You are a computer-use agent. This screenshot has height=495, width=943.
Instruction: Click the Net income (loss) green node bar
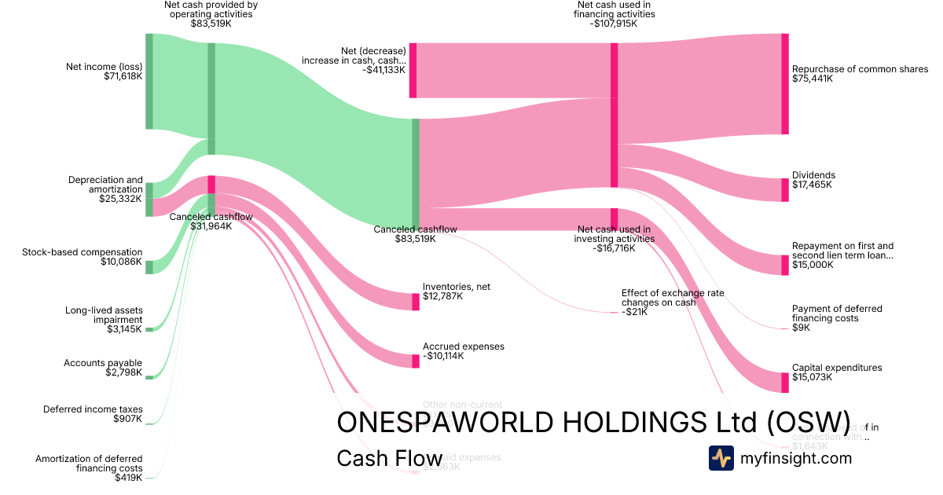coord(149,81)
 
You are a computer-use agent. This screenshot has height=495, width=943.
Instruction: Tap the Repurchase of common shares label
coord(860,69)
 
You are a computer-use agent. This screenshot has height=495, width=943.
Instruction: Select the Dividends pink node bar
coord(784,189)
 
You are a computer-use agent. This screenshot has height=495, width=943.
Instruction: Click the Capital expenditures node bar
coord(784,383)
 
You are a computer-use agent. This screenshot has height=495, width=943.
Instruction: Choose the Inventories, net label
coord(456,287)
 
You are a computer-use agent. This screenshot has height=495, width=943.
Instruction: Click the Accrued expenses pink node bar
coord(416,361)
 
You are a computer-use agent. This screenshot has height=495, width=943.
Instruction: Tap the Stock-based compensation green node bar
coord(149,267)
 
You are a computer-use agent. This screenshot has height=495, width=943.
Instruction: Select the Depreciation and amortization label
coord(105,185)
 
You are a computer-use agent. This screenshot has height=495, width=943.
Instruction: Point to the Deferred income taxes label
coord(93,409)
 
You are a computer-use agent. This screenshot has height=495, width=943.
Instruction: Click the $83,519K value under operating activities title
coord(211,24)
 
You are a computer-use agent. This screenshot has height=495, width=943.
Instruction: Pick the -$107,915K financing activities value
coord(614,24)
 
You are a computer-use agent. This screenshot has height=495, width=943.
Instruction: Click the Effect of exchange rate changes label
coord(673,297)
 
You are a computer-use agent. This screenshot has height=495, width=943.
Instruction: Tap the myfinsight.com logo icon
coord(721,458)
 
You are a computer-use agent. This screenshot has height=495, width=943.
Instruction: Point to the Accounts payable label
coord(103,363)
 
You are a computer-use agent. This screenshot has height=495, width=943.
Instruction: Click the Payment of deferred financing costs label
coord(837,313)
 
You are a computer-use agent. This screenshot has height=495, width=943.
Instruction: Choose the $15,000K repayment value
coord(813,265)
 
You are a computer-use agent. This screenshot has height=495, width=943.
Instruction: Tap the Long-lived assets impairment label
coord(104,315)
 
